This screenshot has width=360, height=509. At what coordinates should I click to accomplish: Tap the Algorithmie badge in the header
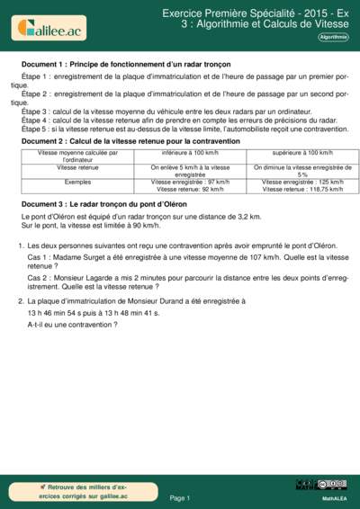(x=332, y=37)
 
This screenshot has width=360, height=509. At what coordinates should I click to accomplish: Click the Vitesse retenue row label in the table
(x=78, y=167)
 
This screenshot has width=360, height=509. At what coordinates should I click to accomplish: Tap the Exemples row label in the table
(x=78, y=182)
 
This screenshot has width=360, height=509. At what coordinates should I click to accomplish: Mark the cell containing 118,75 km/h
(x=301, y=190)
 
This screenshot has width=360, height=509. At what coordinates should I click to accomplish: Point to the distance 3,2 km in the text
(x=249, y=218)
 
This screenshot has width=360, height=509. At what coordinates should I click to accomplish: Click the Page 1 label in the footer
(x=179, y=497)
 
